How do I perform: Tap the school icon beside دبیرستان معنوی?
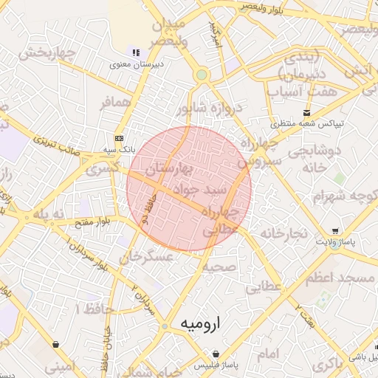[x=135, y=52]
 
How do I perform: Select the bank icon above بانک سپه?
[x=120, y=138]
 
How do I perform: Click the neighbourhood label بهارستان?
[x=168, y=169]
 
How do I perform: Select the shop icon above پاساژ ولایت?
[x=337, y=230]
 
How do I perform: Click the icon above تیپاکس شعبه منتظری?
[x=306, y=112]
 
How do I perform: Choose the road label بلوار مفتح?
[x=92, y=220]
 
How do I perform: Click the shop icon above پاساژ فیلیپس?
[x=215, y=354]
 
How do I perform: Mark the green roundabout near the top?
[x=201, y=75]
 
